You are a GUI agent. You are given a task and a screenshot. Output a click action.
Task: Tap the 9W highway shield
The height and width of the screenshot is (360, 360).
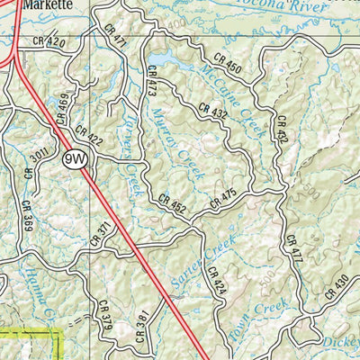(x=75, y=159)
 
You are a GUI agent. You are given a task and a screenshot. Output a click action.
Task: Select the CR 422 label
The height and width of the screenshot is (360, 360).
(x=90, y=137)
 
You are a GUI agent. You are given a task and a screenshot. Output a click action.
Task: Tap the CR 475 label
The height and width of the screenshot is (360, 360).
(x=222, y=199)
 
